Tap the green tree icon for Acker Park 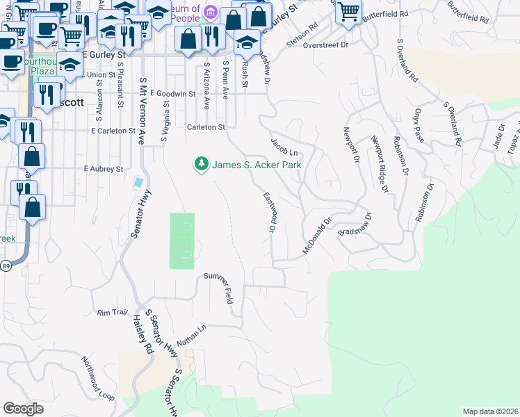201,164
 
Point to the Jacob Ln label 284,147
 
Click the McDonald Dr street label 318,238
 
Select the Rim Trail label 113,313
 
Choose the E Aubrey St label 103,169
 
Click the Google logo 23,409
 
